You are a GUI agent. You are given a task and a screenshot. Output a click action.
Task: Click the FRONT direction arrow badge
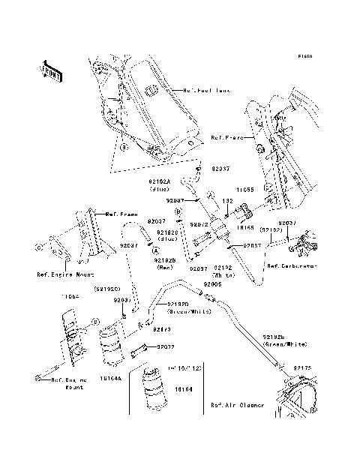[50, 70]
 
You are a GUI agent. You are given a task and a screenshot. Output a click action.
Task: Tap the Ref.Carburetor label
[291, 266]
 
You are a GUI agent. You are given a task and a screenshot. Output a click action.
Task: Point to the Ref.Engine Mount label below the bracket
[61, 274]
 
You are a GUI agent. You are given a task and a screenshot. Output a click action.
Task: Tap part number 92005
[212, 285]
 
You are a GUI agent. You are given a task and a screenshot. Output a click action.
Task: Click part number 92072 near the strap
[166, 347]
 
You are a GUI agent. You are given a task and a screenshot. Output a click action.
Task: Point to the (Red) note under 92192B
[166, 267]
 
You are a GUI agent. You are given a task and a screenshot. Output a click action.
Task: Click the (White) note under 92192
[223, 275]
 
